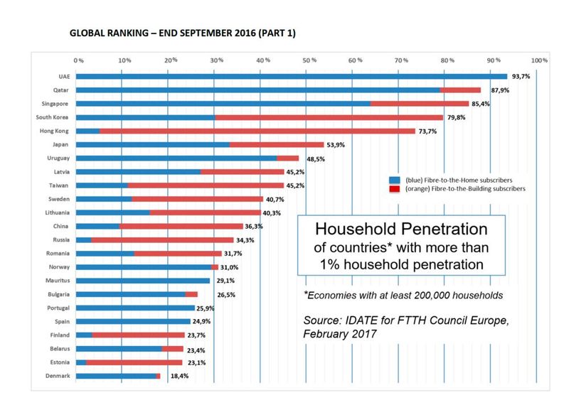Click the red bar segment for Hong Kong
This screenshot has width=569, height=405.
(x=257, y=131)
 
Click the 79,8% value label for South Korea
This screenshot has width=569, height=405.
(x=457, y=117)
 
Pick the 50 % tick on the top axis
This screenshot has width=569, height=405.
(x=309, y=60)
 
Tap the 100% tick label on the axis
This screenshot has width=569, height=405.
(x=538, y=60)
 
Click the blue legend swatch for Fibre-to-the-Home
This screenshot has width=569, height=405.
(x=393, y=180)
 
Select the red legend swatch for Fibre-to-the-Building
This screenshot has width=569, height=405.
(x=393, y=189)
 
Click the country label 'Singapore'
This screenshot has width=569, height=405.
(x=55, y=104)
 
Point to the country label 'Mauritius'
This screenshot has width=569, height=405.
(x=55, y=281)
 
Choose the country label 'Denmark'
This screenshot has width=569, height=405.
(x=56, y=376)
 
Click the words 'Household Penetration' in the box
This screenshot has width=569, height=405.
(x=401, y=229)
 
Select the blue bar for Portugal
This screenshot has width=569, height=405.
(x=134, y=308)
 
